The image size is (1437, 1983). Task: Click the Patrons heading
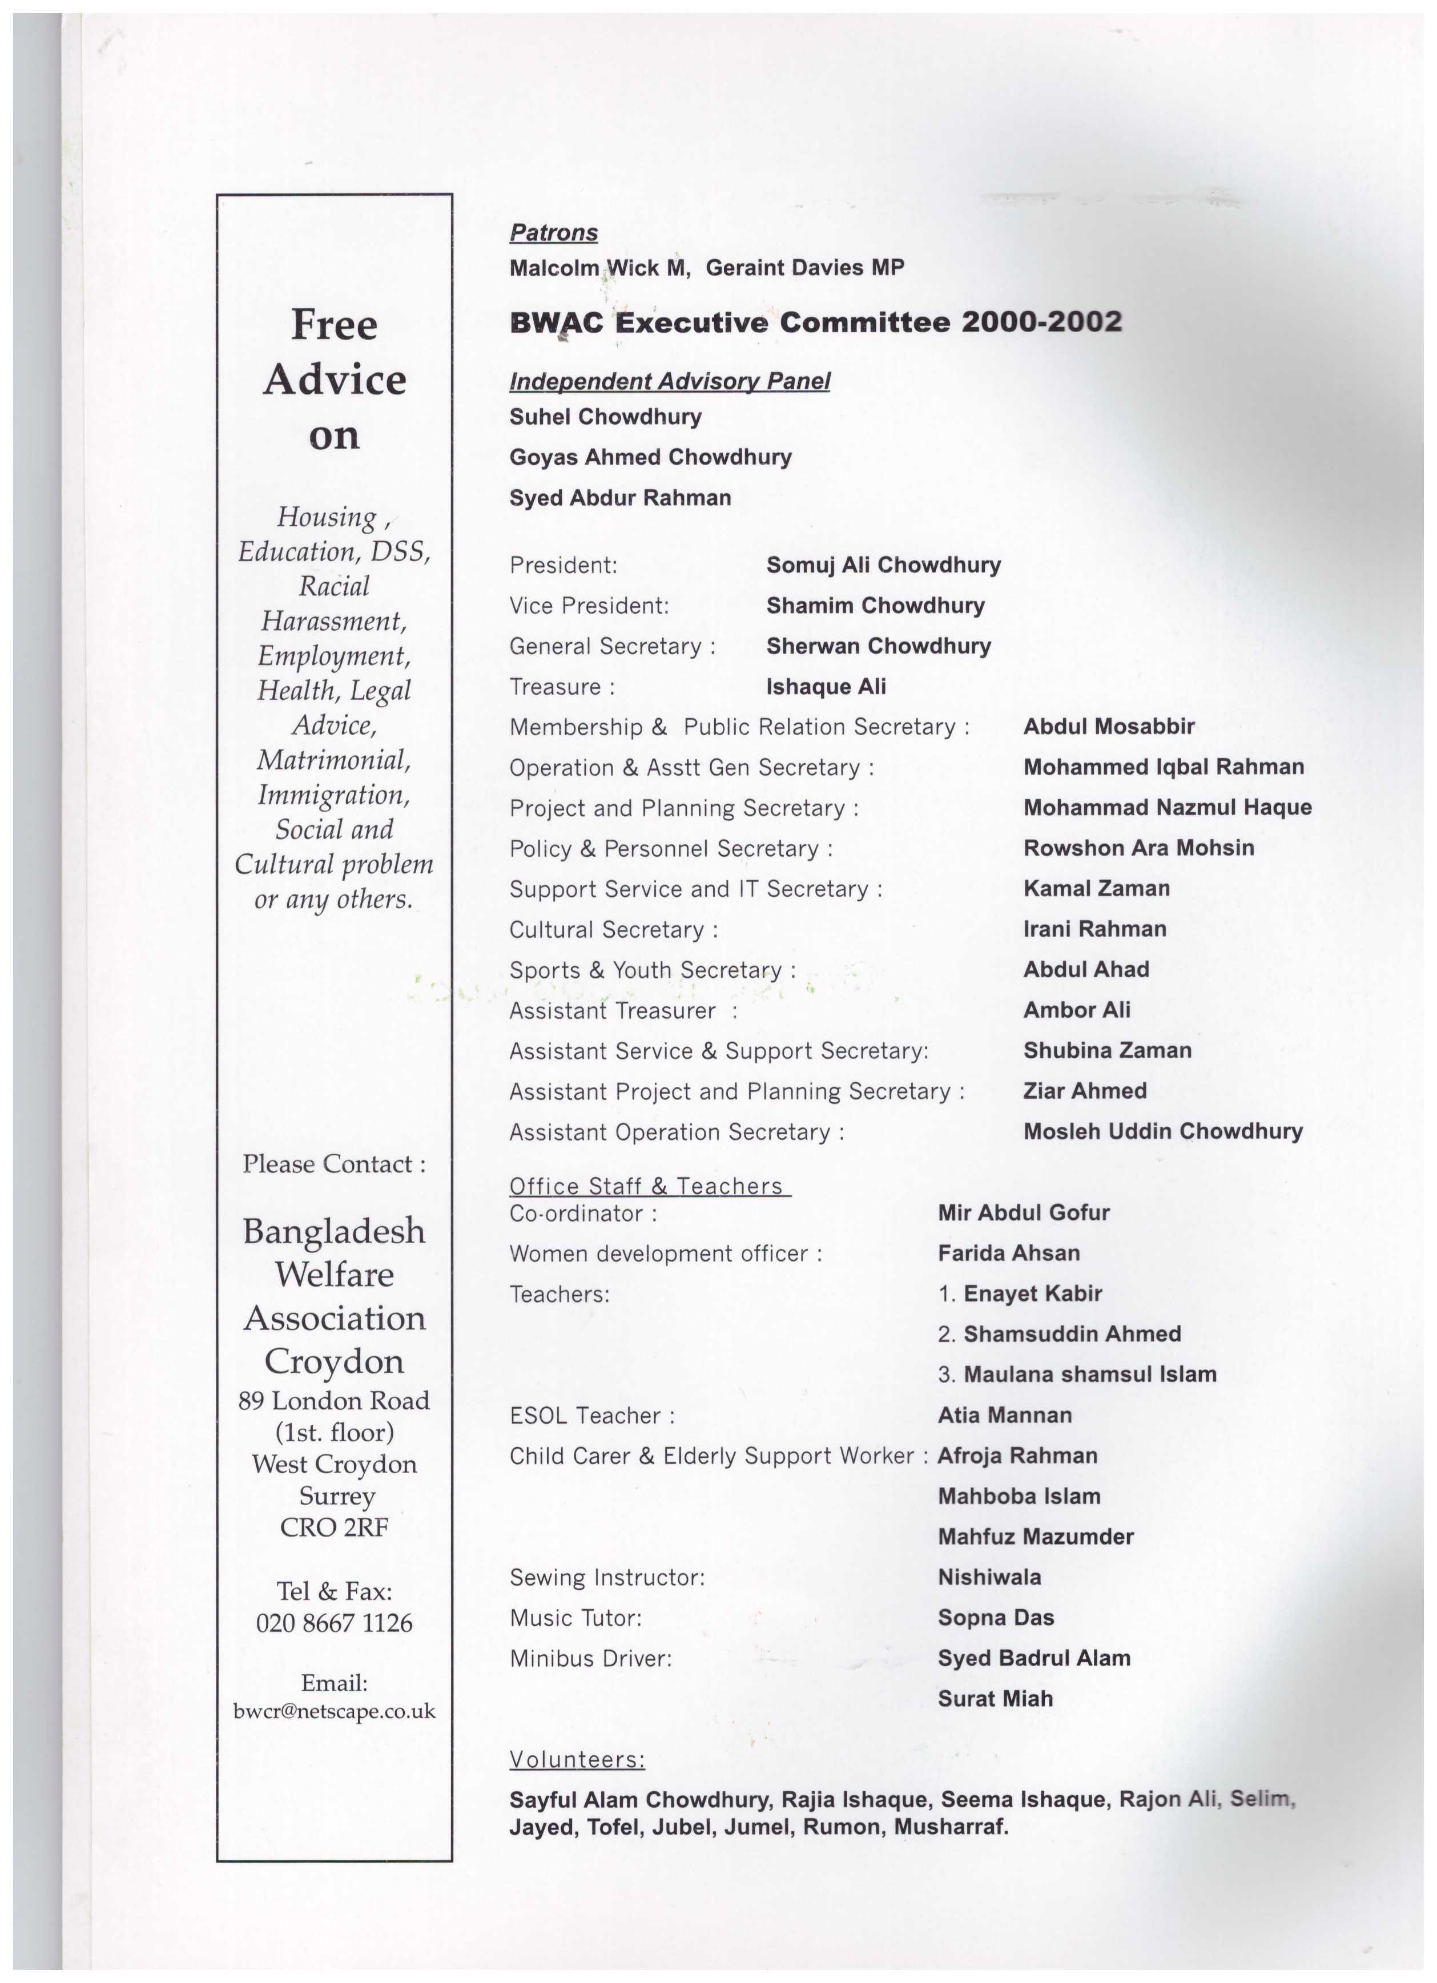tap(554, 232)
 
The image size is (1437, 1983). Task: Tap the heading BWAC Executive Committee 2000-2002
tap(815, 323)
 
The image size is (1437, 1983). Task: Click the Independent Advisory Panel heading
tap(669, 381)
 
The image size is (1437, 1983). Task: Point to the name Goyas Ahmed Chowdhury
tap(650, 457)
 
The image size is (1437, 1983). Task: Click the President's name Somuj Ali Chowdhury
tap(883, 565)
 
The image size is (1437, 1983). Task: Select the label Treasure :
tap(562, 687)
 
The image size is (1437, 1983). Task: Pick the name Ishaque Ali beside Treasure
tap(826, 687)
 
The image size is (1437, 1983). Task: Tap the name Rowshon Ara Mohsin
tap(1138, 848)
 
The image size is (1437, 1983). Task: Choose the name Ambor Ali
tap(1077, 1010)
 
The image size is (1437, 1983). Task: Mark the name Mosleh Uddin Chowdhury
tap(1162, 1131)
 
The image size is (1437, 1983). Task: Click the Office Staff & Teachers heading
tap(649, 1187)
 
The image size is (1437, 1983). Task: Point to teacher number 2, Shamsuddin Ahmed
tap(1072, 1334)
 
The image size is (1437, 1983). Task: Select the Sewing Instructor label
tap(607, 1577)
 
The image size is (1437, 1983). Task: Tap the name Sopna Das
tap(995, 1618)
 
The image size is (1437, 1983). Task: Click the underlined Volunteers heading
tap(577, 1759)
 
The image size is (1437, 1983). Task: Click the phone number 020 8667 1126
tap(334, 1623)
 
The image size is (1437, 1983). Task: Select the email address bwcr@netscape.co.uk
tap(334, 1711)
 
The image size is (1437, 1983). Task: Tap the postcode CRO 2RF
tap(334, 1527)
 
